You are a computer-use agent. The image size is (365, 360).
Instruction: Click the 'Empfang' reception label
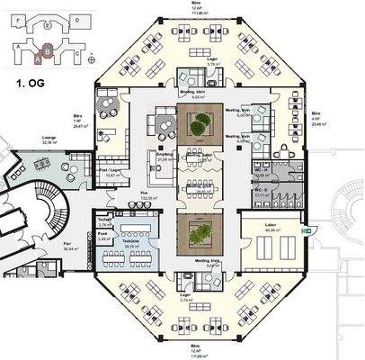coord(165,156)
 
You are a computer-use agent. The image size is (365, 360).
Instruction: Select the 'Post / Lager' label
coord(110,171)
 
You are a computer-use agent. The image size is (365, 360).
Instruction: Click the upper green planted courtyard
coord(195,124)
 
